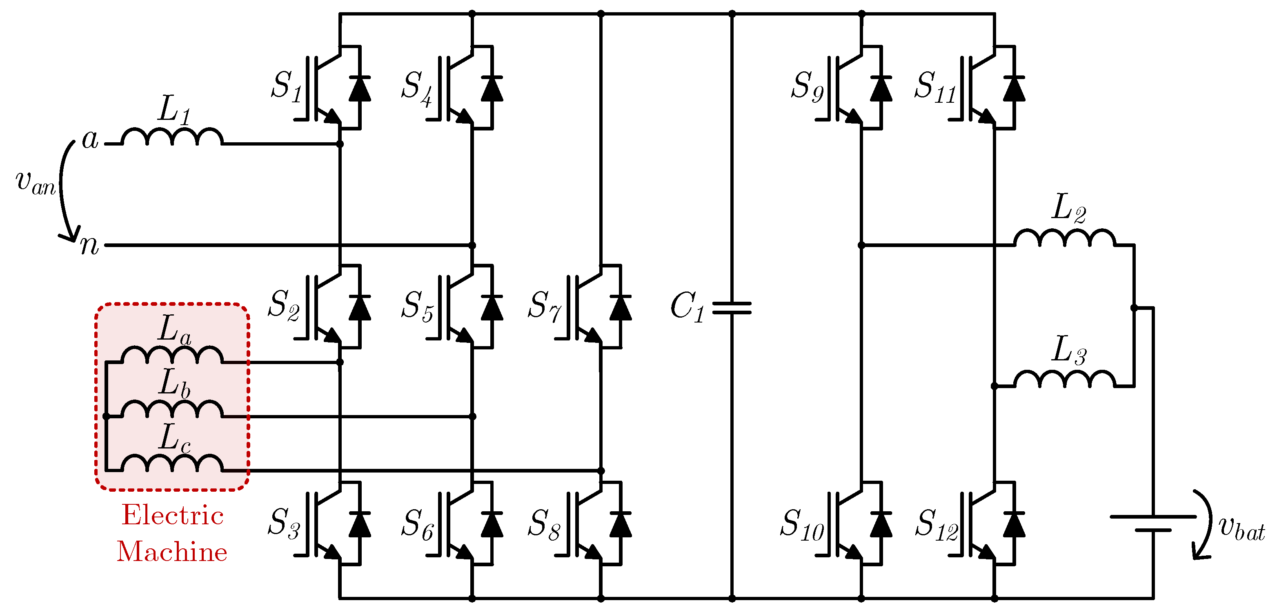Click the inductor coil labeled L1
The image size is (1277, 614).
point(171,137)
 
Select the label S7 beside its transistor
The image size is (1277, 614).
point(544,305)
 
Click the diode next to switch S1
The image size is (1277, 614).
point(359,88)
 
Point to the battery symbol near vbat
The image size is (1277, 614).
point(1153,523)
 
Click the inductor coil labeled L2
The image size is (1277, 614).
point(1065,238)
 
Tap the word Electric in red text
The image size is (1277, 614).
point(173,515)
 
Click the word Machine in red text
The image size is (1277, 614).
point(171,552)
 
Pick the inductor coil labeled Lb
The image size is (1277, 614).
point(171,409)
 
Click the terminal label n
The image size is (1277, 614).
point(90,245)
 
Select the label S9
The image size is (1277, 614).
point(807,87)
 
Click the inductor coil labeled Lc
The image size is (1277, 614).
point(171,464)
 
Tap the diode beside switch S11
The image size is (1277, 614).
point(1014,88)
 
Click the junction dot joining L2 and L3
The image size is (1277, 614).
point(1134,308)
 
